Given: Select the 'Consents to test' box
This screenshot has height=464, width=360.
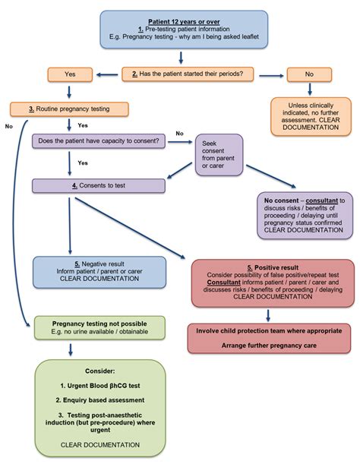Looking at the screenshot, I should click(98, 185).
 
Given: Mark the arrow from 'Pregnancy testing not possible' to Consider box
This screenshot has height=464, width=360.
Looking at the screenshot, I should click(69, 349).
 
